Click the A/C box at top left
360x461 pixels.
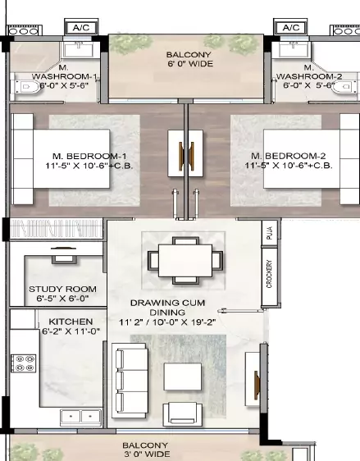point(82,27)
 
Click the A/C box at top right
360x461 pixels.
point(291,27)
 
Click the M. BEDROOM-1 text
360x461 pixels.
point(82,161)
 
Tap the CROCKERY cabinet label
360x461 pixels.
point(269,274)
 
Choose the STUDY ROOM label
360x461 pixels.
point(62,294)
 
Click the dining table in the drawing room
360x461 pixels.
point(184,260)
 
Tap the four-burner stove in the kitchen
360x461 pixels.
point(24,365)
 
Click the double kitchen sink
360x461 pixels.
point(80,416)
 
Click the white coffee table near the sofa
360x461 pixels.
point(183,376)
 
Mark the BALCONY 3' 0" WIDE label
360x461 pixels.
point(146,449)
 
